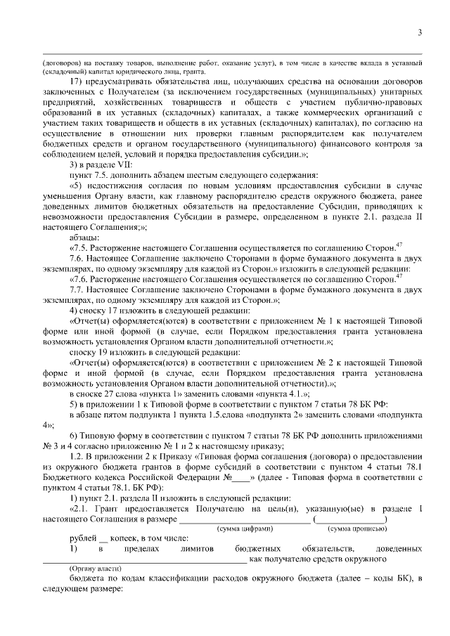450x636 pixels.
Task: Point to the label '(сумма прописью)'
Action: click(x=356, y=528)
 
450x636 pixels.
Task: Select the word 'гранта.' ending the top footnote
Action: click(x=193, y=71)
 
